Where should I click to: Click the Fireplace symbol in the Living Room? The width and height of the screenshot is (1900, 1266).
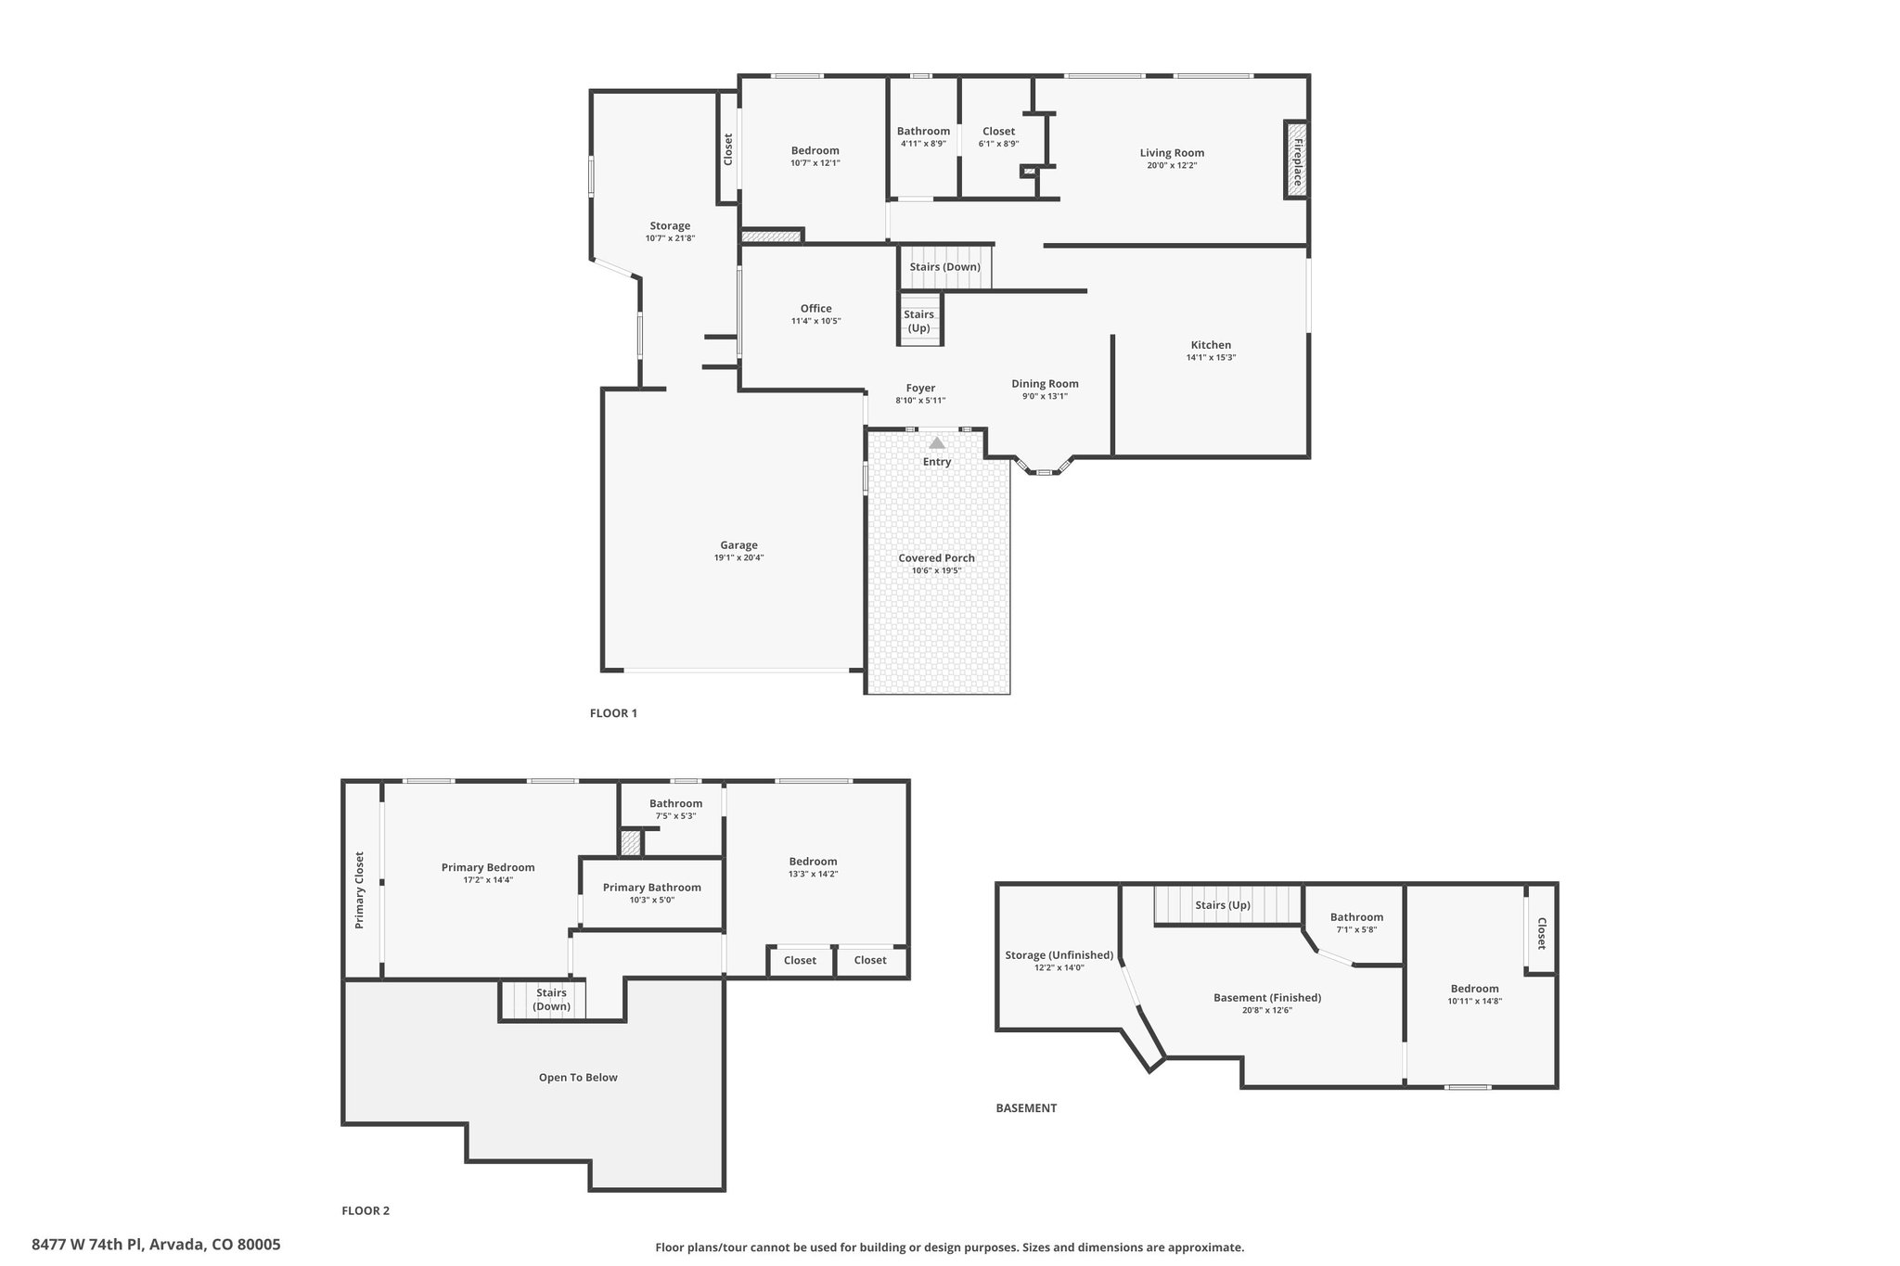pos(1296,160)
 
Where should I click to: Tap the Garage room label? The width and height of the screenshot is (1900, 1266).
pos(739,545)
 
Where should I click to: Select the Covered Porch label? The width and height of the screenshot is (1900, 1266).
pos(936,558)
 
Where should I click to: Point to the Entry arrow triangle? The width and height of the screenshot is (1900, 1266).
pos(937,443)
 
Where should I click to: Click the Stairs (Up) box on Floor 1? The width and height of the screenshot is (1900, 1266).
pos(919,319)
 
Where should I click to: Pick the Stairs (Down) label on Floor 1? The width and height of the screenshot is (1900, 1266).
pos(944,267)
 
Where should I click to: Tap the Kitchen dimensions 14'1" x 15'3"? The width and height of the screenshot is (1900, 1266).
pos(1211,358)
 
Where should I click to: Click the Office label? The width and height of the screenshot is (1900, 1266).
pos(816,309)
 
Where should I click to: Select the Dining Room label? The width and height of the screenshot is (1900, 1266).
pos(1045,384)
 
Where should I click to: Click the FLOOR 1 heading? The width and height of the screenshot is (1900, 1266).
pos(613,713)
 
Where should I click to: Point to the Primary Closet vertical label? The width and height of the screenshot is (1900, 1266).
pos(359,890)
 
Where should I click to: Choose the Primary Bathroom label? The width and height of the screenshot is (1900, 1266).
pos(651,888)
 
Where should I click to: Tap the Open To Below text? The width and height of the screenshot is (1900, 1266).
pos(578,1078)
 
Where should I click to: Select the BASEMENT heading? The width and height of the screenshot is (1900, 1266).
pos(1026,1108)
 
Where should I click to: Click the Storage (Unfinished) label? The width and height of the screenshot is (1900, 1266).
pos(1059,955)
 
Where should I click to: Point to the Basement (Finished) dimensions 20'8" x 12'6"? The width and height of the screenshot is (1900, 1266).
pos(1267,1011)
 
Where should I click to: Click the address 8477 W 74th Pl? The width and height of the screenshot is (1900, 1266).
pos(87,1245)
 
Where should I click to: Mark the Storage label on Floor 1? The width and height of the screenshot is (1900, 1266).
pos(670,226)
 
